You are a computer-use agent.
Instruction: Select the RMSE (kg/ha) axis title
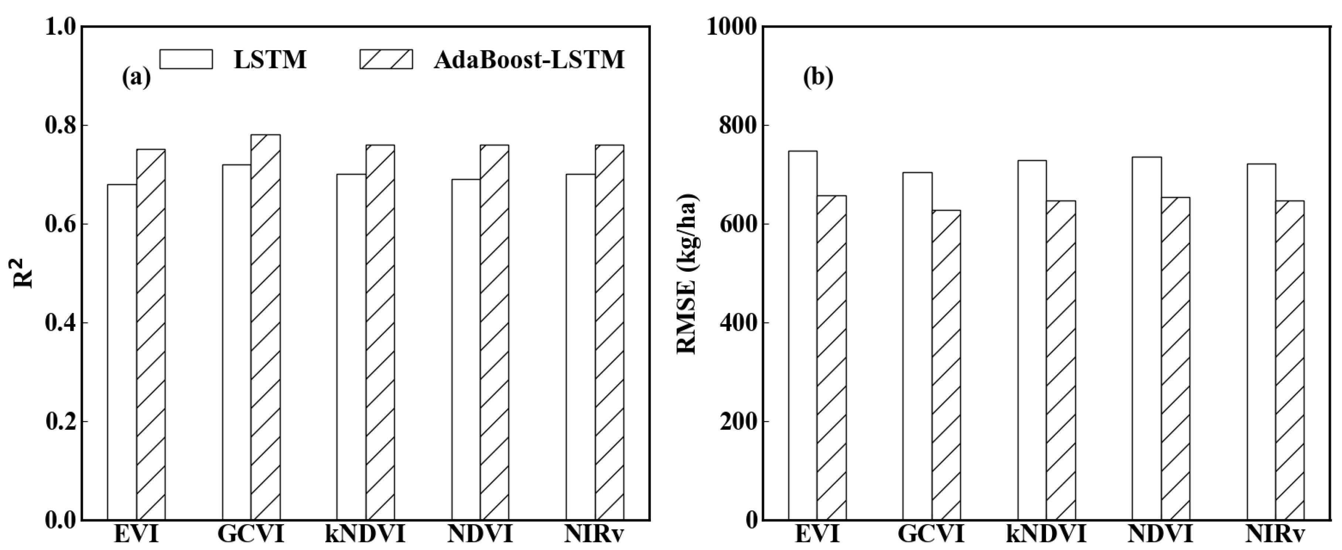coord(687,275)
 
